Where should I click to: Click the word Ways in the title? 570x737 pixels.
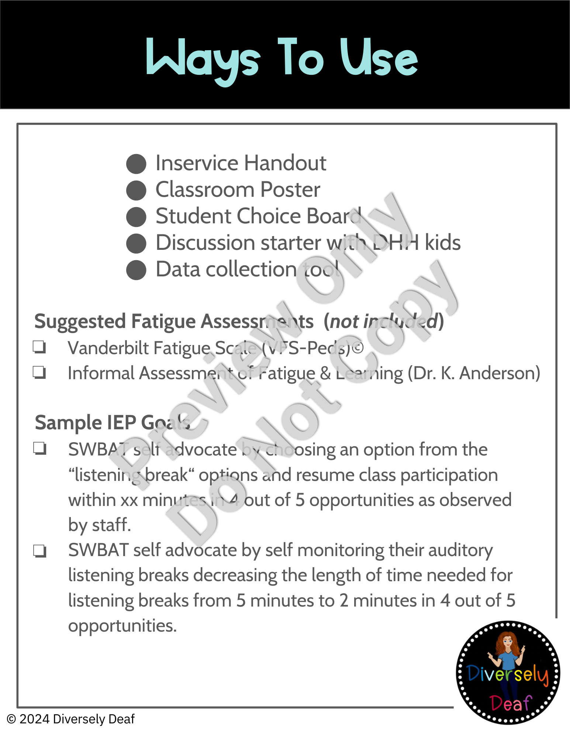tap(203, 59)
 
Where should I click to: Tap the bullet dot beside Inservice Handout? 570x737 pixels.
tap(136, 164)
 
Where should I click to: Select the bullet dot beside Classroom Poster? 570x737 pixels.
tap(136, 190)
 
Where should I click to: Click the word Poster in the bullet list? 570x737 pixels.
tap(290, 190)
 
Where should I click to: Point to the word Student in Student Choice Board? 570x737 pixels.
tap(193, 216)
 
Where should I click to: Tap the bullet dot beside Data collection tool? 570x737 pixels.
tap(136, 270)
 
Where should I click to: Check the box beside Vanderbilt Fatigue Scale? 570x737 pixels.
tap(39, 347)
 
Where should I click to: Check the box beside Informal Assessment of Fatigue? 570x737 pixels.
tap(39, 372)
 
